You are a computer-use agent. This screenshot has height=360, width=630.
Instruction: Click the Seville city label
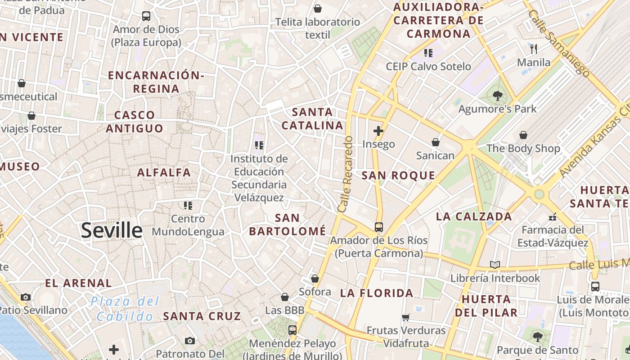112,230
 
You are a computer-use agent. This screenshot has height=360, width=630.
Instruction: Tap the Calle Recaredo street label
345,175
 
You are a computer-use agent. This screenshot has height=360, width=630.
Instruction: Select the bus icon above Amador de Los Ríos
379,227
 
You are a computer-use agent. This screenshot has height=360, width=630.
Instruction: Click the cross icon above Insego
378,131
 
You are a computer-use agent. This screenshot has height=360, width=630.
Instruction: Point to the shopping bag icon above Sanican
435,142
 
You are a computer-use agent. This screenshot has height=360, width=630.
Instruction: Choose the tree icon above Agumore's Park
497,95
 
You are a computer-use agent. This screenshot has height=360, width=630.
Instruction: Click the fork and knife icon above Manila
534,49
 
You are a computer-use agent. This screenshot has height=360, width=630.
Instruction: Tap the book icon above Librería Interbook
495,265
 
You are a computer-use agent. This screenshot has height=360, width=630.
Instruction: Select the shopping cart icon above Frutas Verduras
406,317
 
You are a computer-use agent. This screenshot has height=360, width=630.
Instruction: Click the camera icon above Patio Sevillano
26,297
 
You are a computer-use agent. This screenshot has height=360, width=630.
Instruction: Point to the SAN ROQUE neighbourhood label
398,175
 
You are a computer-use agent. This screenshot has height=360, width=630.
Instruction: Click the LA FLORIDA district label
377,293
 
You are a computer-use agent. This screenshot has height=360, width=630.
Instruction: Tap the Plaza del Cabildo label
125,309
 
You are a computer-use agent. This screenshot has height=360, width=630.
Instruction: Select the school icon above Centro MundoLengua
188,206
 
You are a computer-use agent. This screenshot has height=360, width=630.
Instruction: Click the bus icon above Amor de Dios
146,16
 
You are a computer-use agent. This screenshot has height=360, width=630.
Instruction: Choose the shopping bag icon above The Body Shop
523,135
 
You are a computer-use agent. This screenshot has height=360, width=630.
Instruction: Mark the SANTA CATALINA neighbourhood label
312,119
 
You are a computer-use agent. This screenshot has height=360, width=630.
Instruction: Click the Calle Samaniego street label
559,43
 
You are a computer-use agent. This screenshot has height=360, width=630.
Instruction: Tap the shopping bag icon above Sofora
315,279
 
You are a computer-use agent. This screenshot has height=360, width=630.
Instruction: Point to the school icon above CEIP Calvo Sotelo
428,53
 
